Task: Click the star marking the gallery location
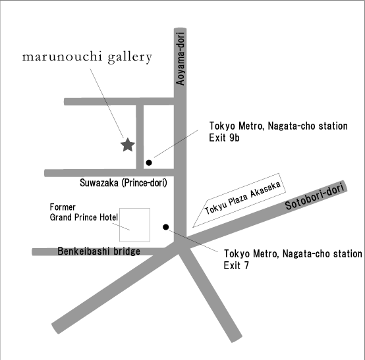click(x=128, y=145)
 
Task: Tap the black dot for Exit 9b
click(x=149, y=163)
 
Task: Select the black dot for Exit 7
click(x=166, y=227)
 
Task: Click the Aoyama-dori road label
click(x=180, y=59)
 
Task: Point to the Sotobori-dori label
click(x=314, y=197)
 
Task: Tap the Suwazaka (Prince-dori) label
click(x=123, y=183)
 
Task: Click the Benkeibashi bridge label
click(x=99, y=251)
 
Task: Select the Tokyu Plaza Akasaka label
click(x=242, y=198)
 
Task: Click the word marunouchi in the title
click(x=62, y=57)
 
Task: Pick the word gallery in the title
click(x=130, y=58)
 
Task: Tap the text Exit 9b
click(x=224, y=138)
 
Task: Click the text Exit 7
click(x=237, y=265)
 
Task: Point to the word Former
click(x=63, y=207)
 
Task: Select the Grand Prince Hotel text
click(x=84, y=217)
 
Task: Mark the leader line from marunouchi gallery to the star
click(x=107, y=103)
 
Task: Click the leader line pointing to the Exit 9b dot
click(x=176, y=143)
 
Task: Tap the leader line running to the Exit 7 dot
click(x=194, y=241)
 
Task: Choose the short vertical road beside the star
click(x=140, y=137)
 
